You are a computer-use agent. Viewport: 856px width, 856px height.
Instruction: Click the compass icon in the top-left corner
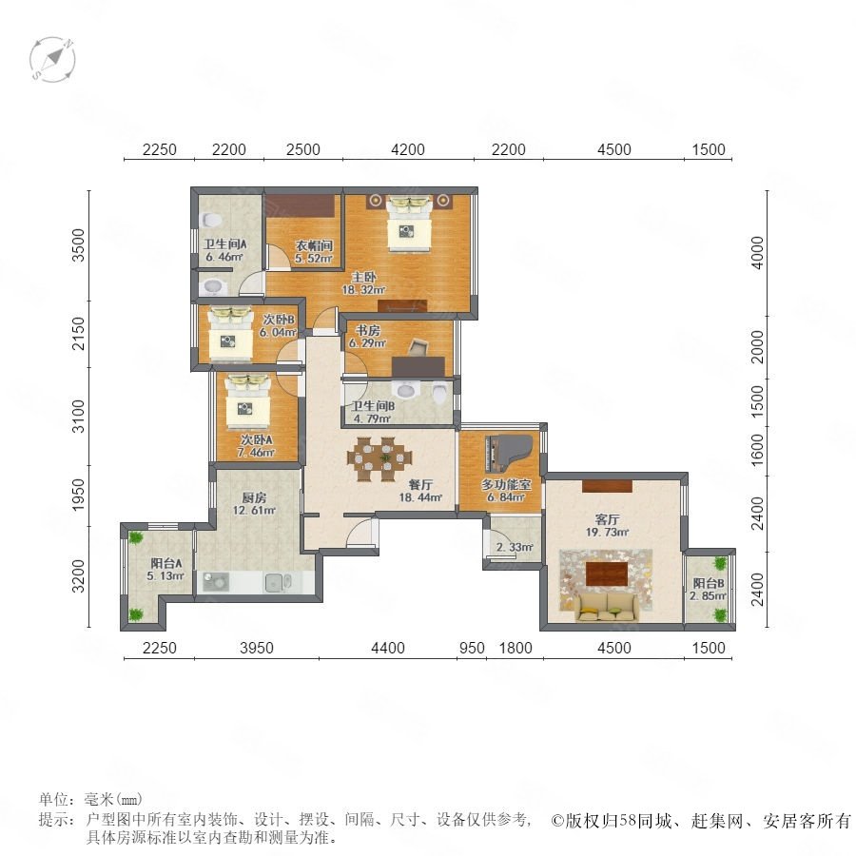click(x=52, y=59)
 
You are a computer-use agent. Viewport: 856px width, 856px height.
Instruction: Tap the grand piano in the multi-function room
click(x=508, y=455)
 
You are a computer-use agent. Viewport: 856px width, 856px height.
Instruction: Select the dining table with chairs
click(x=379, y=458)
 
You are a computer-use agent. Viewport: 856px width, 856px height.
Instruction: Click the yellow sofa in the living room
click(x=607, y=608)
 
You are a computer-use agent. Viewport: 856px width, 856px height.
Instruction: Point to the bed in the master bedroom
click(x=409, y=224)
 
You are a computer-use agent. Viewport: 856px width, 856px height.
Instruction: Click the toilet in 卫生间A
click(x=211, y=221)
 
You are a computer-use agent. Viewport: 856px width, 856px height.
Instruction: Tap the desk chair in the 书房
click(x=418, y=346)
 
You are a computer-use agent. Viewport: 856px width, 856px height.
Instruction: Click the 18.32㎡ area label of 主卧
click(x=363, y=290)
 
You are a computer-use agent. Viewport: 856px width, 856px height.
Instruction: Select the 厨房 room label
click(x=254, y=497)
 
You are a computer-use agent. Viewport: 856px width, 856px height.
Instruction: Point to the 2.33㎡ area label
click(x=515, y=547)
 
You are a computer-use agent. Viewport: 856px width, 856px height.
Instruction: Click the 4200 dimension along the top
click(x=408, y=149)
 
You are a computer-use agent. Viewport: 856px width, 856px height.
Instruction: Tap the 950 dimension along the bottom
click(x=472, y=648)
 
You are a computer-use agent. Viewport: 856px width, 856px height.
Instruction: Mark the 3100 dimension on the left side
click(x=79, y=417)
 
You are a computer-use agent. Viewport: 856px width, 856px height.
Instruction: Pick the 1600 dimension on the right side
click(x=757, y=450)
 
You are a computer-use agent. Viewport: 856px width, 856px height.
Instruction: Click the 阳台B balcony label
click(x=709, y=583)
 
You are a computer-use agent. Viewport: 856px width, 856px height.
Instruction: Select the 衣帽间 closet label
click(x=314, y=245)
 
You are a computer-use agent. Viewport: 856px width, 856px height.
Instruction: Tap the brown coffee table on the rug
click(x=607, y=574)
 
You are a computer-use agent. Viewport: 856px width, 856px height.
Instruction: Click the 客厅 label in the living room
click(x=607, y=519)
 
